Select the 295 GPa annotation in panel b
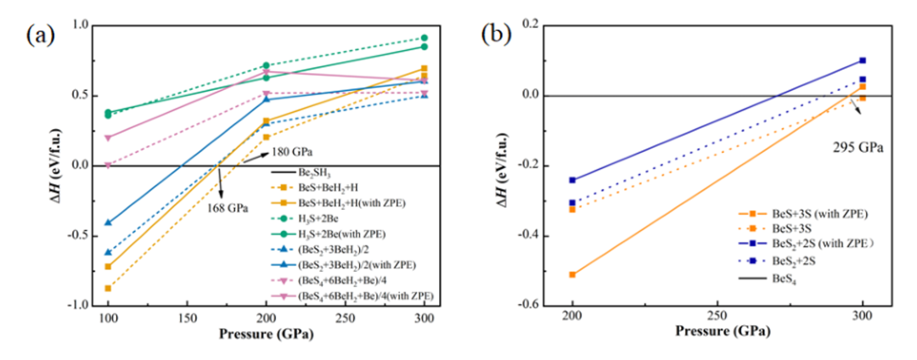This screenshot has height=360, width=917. (859, 147)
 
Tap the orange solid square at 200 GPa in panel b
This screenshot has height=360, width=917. (572, 274)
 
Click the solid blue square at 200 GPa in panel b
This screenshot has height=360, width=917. (572, 180)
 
